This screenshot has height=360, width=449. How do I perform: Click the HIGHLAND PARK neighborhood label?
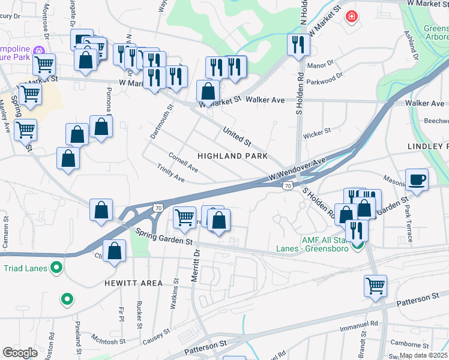click(232, 156)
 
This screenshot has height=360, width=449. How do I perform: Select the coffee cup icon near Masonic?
click(417, 179)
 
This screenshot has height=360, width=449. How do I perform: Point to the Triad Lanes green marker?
click(56, 268)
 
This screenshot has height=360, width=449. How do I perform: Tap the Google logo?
click(20, 353)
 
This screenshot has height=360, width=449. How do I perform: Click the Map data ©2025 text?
click(424, 355)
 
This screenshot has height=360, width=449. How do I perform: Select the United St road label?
click(237, 136)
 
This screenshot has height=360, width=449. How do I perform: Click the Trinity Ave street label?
click(170, 174)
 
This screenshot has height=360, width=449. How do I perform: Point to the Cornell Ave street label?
click(183, 161)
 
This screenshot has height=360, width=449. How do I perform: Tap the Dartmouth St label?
click(161, 122)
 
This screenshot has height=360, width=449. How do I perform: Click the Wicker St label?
click(319, 131)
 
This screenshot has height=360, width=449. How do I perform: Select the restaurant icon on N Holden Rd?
click(298, 44)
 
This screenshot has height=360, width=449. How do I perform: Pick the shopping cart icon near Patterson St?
click(375, 286)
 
